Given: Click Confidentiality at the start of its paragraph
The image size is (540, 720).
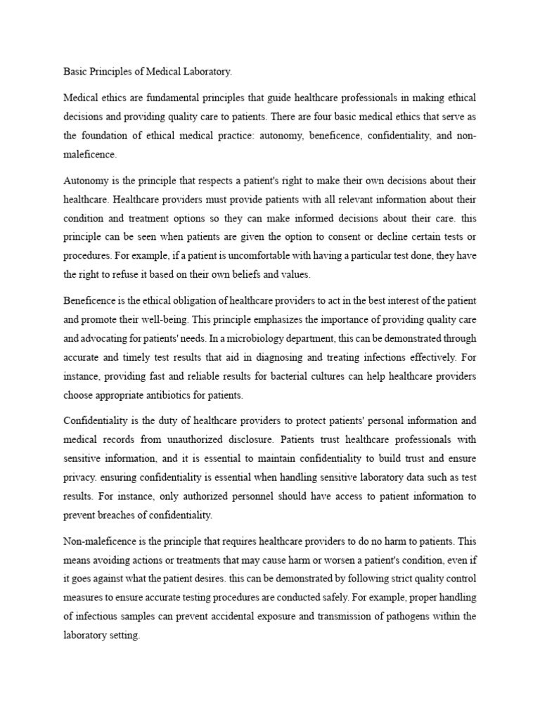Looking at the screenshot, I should point(98,420).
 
